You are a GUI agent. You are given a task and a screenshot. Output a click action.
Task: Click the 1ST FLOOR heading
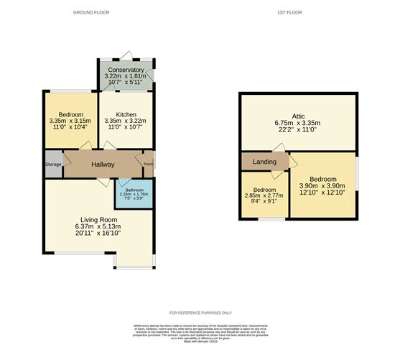[297, 13]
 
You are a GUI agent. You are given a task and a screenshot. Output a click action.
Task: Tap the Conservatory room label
[126, 70]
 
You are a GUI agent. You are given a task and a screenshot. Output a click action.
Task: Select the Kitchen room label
[126, 114]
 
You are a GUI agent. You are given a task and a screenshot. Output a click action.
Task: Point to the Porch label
[149, 164]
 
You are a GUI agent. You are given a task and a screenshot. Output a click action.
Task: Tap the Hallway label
[103, 164]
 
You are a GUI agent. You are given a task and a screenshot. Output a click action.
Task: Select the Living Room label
[98, 219]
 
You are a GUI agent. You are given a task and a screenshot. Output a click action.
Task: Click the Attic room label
[298, 116]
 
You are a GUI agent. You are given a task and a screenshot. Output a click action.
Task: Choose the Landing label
[264, 162]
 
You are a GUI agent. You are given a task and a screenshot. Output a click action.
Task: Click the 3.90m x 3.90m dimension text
[322, 185]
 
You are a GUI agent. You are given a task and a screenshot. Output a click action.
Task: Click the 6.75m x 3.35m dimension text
[297, 123]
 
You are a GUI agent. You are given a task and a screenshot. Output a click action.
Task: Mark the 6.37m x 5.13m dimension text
[98, 226]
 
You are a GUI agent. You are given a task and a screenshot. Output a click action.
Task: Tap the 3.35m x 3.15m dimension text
[70, 121]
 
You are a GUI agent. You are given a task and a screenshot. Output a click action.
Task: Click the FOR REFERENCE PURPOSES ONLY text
[200, 313]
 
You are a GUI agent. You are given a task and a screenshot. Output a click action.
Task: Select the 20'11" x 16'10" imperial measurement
[98, 233]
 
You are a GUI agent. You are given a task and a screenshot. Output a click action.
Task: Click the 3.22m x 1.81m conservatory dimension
[126, 76]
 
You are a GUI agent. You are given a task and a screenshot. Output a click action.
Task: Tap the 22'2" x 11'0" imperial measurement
[297, 129]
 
